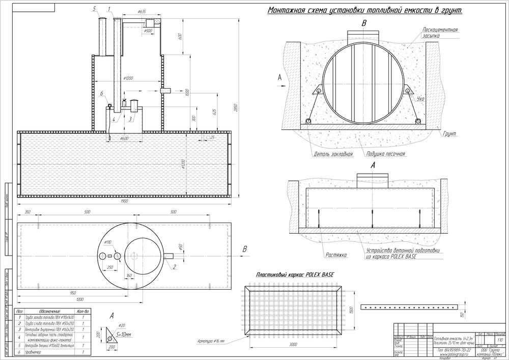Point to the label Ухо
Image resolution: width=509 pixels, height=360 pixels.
click(420, 98)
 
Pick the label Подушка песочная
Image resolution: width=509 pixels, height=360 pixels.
click(385, 154)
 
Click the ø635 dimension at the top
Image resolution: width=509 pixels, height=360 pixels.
click(142, 11)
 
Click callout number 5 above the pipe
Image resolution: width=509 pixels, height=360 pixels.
click(95, 9)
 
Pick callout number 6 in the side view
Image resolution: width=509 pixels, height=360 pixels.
click(102, 94)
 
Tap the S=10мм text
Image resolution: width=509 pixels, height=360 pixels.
click(124, 335)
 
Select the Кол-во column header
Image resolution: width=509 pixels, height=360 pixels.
click(83, 311)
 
